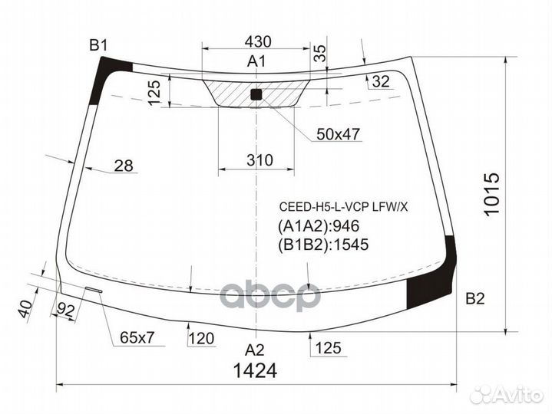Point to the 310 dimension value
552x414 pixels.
tap(259, 160)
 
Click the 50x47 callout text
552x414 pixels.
tap(338, 134)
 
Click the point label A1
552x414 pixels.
tap(256, 62)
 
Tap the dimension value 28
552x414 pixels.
tap(124, 165)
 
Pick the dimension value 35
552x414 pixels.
tap(320, 53)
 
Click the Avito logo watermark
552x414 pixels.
tap(507, 394)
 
